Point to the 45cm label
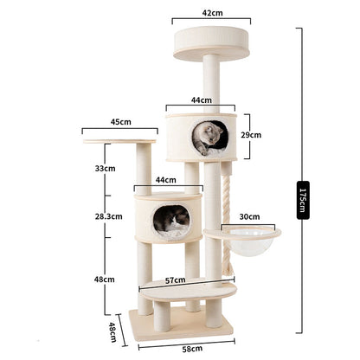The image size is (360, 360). point(120,122)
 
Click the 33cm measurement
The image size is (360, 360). point(105,168)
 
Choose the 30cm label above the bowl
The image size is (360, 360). point(250,216)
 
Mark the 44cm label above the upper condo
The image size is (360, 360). point(201,100)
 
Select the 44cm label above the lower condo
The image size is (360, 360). point(168,179)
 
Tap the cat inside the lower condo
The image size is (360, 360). point(173,222)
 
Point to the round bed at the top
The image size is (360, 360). point(209,40)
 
